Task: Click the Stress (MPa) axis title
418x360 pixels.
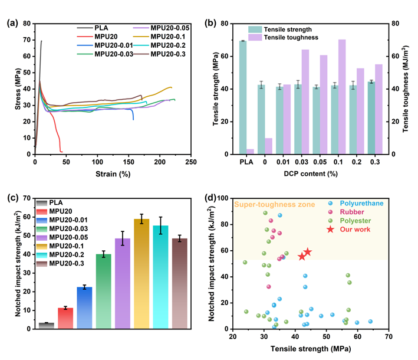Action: tap(10, 90)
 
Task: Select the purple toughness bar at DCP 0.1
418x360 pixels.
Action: tap(341, 97)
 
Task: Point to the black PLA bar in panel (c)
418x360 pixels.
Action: tap(46, 325)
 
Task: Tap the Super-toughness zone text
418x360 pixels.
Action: tap(272, 205)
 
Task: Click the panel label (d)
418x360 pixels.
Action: tap(215, 199)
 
